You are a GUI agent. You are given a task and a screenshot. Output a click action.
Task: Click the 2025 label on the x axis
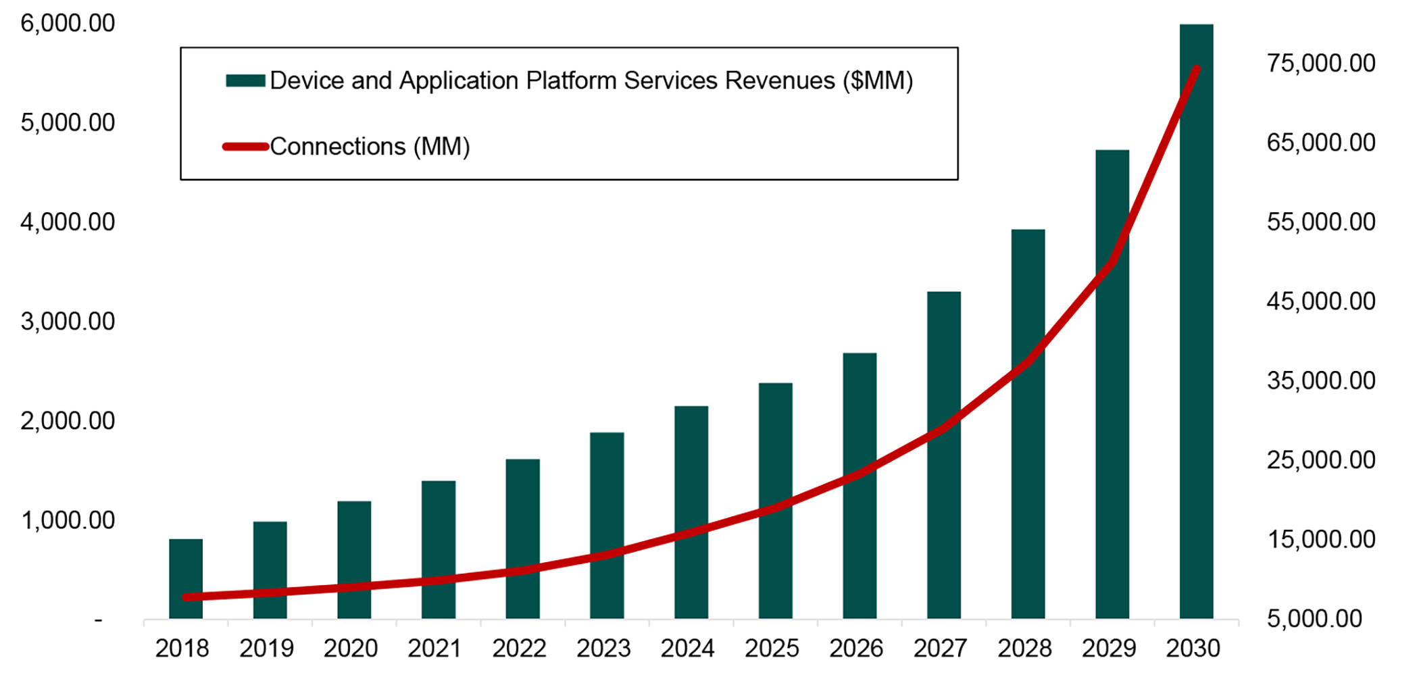coord(772,649)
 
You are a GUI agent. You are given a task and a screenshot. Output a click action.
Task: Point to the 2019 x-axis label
coord(266,649)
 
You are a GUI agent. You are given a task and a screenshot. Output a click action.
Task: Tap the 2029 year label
coord(1109,649)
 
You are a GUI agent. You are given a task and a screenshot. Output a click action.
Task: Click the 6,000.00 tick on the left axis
coord(68,24)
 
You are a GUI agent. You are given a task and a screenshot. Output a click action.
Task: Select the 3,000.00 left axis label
coord(68,322)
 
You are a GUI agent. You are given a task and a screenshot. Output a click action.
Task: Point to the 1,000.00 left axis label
coord(68,521)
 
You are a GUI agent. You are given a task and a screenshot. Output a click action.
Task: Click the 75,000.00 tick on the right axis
coord(1321,64)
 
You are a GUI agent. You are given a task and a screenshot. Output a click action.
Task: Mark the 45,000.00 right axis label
coord(1321,301)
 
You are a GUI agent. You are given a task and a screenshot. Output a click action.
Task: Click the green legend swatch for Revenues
coord(245,81)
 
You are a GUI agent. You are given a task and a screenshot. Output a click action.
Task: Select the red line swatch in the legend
coord(245,147)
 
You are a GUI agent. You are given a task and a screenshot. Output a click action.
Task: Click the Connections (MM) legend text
coord(370,147)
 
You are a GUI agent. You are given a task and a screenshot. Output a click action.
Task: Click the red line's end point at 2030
coord(1197,69)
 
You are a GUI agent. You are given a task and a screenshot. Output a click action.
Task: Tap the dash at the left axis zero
coord(99,620)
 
